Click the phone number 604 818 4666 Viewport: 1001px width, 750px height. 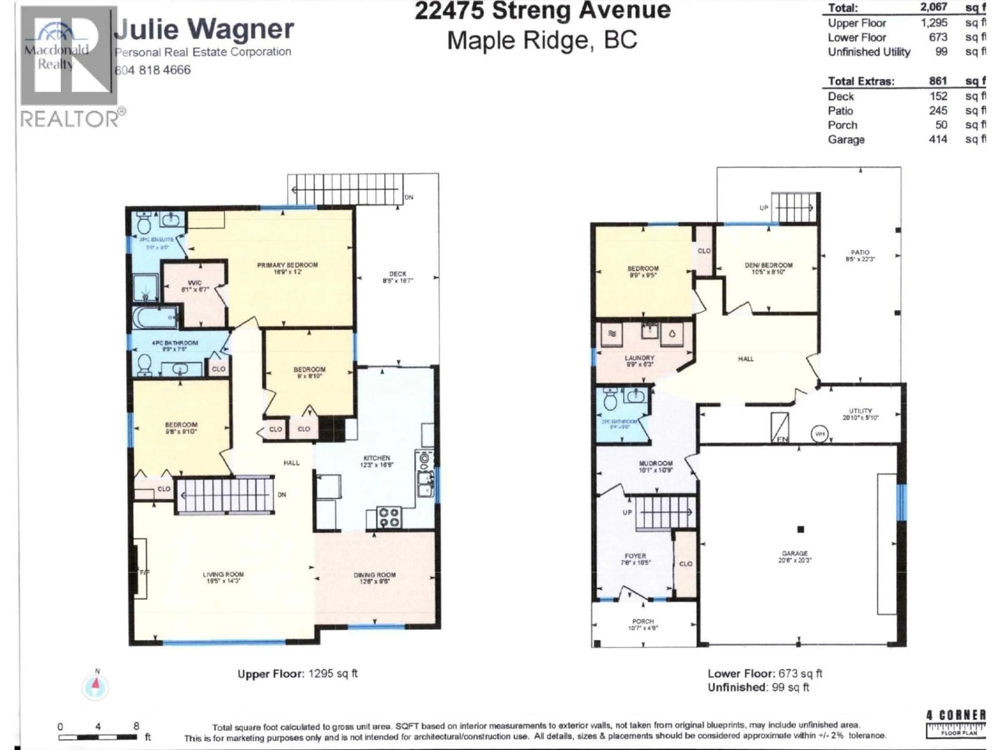(x=153, y=70)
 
